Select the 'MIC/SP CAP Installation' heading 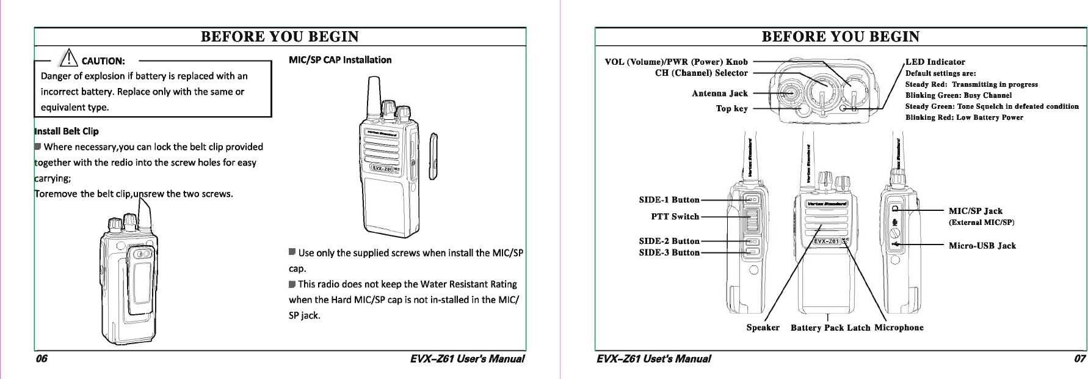pos(339,60)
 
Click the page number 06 pos(41,359)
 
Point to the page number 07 pos(1079,359)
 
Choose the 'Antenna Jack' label pos(719,94)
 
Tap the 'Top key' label pos(731,109)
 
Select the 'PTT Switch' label pos(675,216)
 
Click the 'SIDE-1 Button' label pos(669,200)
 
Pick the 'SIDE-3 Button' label pos(669,252)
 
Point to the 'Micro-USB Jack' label pos(982,246)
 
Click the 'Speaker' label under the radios pos(763,328)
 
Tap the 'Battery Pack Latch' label pos(830,328)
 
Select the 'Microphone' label pos(899,328)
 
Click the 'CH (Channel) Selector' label pos(701,73)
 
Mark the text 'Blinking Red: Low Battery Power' pos(963,117)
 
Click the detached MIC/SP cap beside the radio pos(434,157)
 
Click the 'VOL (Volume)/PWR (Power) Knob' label pos(676,62)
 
